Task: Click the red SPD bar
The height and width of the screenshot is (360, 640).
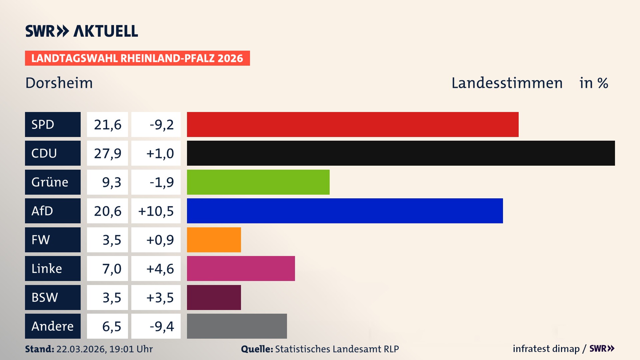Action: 353,124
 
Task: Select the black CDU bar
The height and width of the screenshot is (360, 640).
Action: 401,153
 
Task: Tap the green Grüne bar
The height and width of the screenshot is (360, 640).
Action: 258,182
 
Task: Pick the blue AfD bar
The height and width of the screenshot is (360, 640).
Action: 345,211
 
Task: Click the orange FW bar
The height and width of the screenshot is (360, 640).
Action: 214,240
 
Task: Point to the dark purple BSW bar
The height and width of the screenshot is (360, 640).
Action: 214,297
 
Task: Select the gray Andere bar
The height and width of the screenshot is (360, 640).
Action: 237,326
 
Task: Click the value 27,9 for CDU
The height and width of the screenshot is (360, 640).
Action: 107,153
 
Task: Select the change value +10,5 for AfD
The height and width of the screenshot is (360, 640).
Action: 156,211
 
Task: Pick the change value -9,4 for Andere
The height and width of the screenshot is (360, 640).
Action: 162,326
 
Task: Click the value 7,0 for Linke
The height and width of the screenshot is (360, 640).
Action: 111,269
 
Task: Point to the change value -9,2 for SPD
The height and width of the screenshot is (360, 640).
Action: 162,125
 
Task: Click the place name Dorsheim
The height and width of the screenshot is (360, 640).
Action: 59,83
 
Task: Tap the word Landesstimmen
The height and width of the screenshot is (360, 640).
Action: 507,83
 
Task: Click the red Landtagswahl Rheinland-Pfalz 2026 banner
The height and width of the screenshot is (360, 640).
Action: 137,58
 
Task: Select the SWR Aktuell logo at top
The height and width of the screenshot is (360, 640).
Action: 81,31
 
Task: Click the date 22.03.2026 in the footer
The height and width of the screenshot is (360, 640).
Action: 81,349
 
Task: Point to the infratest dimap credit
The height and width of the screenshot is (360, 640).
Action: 546,349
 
